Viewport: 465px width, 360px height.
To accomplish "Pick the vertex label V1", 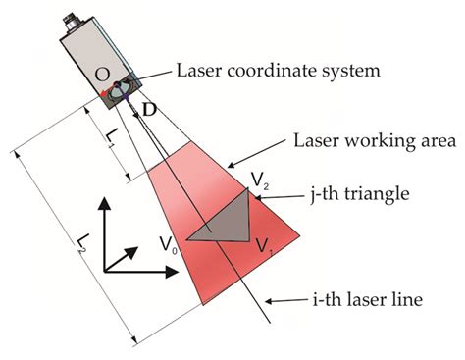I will (x=261, y=244).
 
